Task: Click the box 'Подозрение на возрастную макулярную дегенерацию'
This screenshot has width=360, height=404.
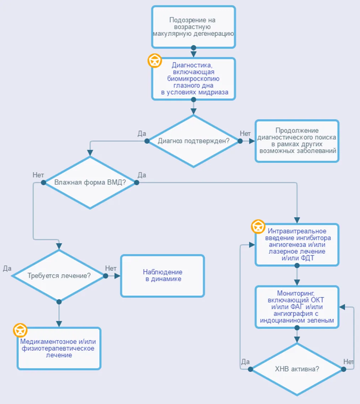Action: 194,27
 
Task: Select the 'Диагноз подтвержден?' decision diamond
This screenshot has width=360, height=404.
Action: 194,141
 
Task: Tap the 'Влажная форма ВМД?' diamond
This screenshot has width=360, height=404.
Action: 90,182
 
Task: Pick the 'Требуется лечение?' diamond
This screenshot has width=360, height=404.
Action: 59,276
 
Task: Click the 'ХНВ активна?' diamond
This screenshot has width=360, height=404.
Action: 297,369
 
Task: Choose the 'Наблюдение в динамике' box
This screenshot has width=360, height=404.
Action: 163,276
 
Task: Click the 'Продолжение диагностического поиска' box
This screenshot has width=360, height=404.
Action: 297,141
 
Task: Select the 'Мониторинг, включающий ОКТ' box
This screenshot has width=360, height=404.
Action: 297,307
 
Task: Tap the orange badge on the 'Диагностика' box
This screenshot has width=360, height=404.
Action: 155,61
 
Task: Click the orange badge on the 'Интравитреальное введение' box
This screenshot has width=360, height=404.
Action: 258,227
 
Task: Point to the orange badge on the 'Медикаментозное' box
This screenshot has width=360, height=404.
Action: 20,330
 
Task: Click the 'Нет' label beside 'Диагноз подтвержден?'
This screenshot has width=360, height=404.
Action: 245,133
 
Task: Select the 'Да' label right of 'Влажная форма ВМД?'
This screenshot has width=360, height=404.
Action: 142,175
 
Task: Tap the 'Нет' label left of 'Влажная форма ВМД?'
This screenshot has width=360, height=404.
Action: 38,175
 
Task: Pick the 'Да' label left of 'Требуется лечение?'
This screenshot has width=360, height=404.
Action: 7,268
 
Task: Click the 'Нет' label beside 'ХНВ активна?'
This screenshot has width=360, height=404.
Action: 348,362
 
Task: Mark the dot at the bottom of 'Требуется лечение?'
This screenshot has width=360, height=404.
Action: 59,302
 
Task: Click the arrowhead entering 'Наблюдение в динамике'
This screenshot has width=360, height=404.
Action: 117,276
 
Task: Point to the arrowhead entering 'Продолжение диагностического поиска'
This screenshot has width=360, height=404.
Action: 252,141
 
